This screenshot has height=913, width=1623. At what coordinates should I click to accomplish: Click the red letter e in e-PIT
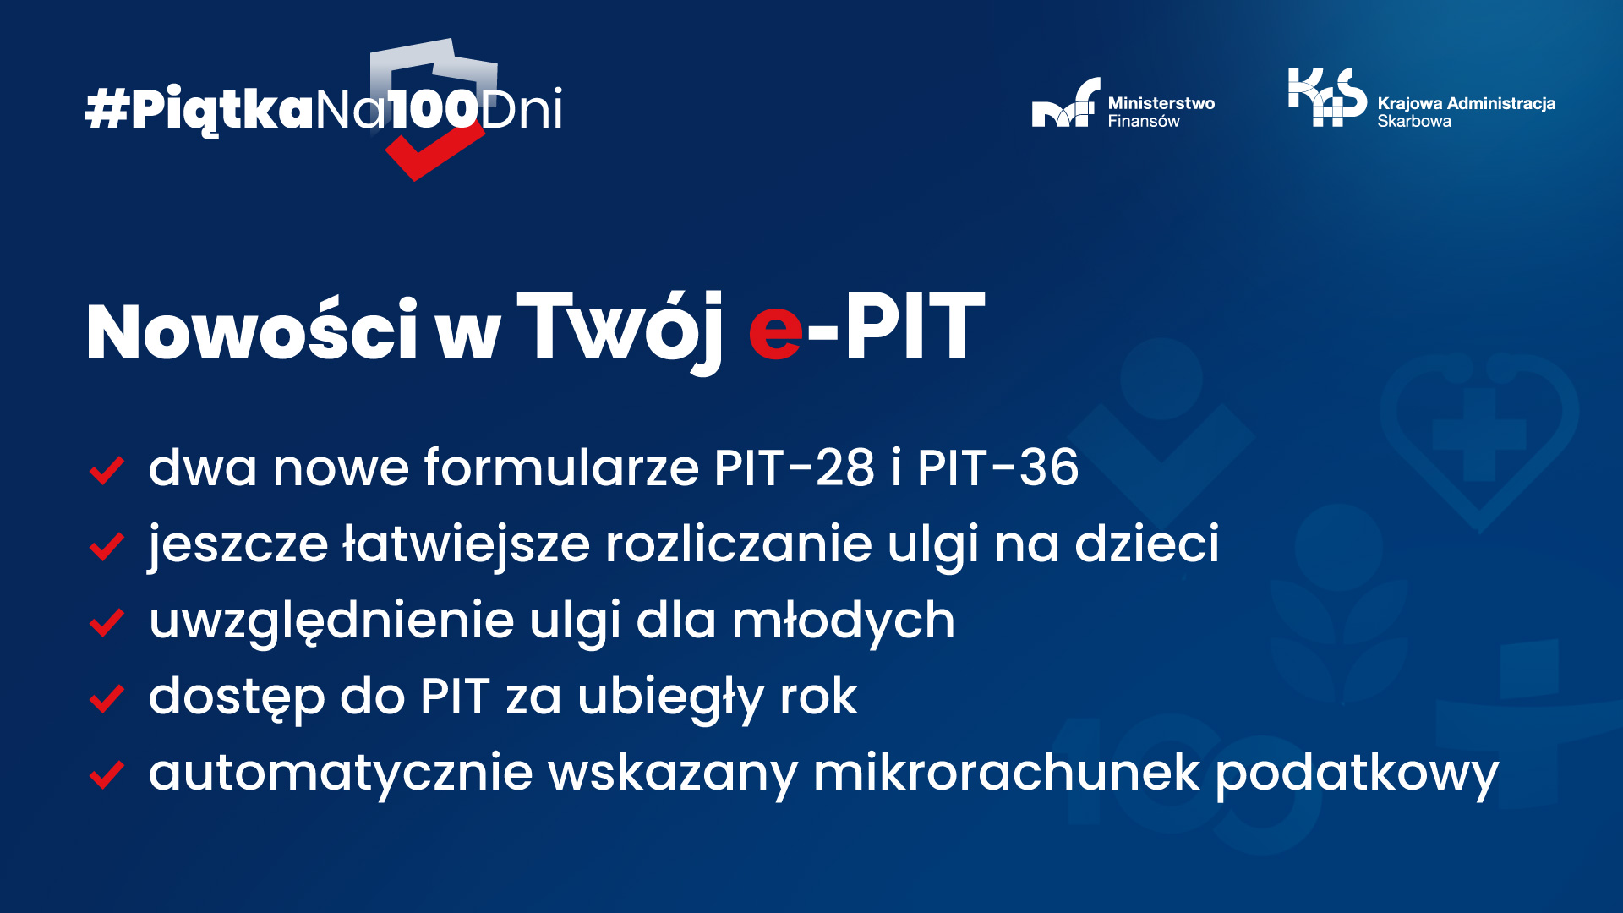[x=775, y=332]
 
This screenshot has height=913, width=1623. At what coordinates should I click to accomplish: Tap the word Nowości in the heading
[x=252, y=331]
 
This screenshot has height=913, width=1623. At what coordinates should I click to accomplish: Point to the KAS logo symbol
[x=1326, y=96]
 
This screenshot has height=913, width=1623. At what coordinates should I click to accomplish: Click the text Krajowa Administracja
[x=1466, y=103]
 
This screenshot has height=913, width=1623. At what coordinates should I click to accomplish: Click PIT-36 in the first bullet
[x=997, y=467]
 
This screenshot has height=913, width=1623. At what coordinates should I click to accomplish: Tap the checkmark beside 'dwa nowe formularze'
[x=107, y=471]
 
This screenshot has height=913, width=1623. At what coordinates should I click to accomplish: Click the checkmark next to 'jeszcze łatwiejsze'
[x=107, y=547]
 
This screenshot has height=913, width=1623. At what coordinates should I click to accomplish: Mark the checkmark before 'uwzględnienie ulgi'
[x=107, y=623]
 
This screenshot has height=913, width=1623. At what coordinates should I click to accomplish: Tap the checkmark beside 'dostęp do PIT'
[x=107, y=699]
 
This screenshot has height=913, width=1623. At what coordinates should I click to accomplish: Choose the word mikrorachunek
[x=1006, y=773]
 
